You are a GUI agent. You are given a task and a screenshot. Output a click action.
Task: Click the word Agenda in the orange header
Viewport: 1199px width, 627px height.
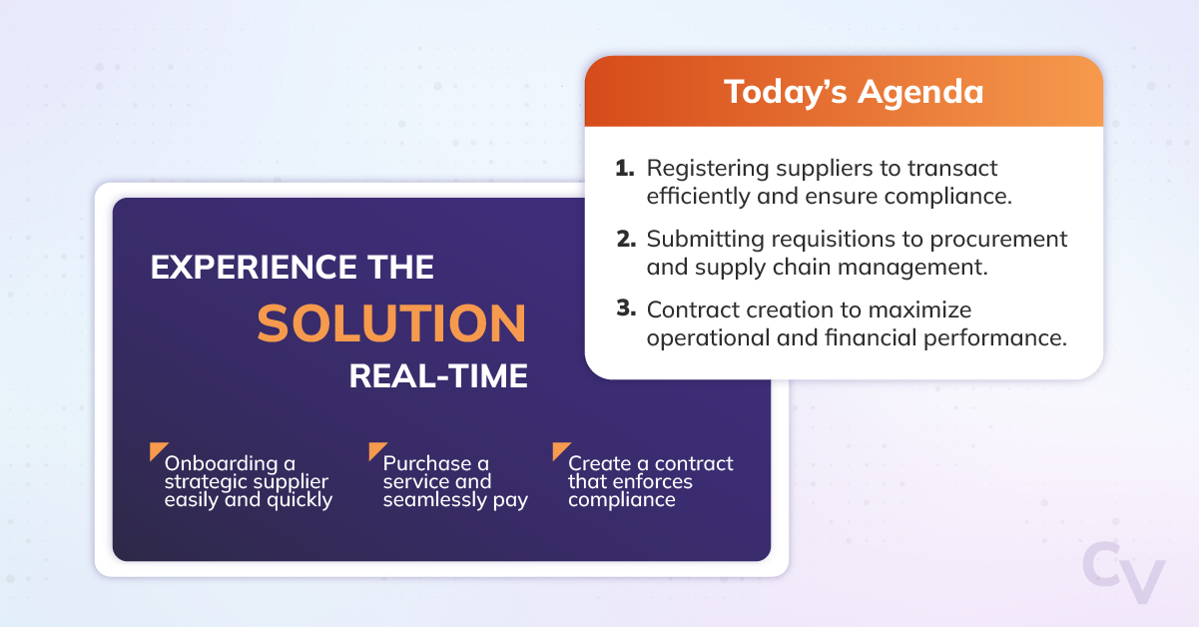920,93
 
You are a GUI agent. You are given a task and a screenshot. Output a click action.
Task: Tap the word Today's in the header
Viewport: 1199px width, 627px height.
786,91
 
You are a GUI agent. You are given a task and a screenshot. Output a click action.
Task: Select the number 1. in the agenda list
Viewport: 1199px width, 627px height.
625,168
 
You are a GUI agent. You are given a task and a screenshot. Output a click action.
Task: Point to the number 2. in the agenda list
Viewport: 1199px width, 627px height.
626,239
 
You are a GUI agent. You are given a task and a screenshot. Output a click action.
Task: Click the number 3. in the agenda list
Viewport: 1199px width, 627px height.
626,309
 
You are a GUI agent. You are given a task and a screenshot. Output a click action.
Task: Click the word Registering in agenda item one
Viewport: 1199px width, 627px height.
708,169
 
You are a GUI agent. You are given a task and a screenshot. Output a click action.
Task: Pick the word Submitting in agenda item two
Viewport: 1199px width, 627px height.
705,240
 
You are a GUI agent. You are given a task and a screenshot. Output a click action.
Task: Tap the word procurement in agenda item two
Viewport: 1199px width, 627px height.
998,241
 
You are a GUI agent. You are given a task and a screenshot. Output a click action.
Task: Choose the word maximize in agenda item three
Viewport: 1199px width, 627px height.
919,310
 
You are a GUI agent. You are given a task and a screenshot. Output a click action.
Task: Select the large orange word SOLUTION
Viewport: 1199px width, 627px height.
391,323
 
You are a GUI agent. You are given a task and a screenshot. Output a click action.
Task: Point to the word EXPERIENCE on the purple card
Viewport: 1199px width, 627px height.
254,268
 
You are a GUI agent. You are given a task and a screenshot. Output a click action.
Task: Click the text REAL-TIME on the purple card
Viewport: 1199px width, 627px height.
438,375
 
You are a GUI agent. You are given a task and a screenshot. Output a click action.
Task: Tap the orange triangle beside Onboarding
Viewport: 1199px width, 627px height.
157,449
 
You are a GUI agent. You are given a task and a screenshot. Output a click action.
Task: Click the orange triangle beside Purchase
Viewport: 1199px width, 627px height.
375,449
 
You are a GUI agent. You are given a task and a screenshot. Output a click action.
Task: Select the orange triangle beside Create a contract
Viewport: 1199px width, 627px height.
559,449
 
